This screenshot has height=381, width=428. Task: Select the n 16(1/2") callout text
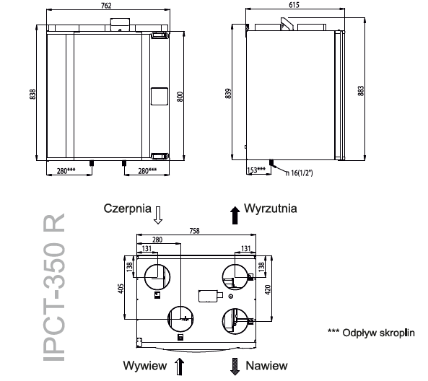[302, 174]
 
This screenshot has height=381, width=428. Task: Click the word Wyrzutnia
[271, 208]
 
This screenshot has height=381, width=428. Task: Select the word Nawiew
[266, 367]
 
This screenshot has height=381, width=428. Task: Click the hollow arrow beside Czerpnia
[159, 214]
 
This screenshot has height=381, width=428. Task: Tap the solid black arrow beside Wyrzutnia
[234, 214]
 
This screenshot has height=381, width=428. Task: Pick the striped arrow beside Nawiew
[234, 367]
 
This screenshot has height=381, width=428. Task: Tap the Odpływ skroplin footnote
[372, 332]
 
